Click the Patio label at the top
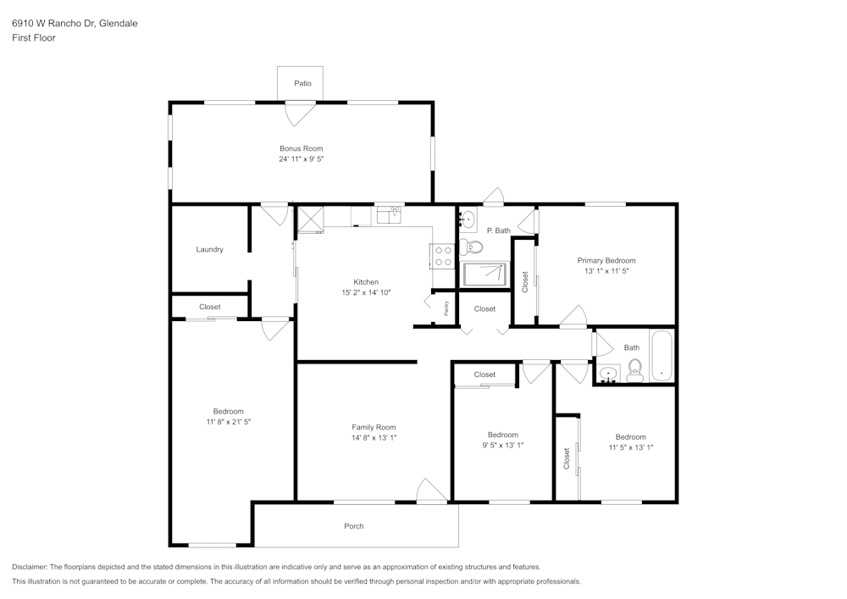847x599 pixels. point(302,83)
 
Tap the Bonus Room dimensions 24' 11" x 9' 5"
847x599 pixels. point(302,158)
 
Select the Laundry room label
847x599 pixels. point(209,249)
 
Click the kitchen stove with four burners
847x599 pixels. point(443,255)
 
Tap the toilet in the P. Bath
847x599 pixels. point(473,247)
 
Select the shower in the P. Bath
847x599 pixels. point(485,274)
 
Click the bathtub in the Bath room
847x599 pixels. point(662,357)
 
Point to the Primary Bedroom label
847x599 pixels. point(606,260)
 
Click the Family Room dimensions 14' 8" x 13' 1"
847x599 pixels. point(374,438)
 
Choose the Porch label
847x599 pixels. point(354,526)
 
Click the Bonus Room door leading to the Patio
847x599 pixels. point(301,113)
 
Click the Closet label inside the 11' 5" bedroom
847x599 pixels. point(567,458)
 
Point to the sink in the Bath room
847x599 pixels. point(607,372)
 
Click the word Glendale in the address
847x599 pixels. point(118,24)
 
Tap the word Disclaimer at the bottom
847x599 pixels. point(30,567)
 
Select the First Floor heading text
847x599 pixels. point(34,38)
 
